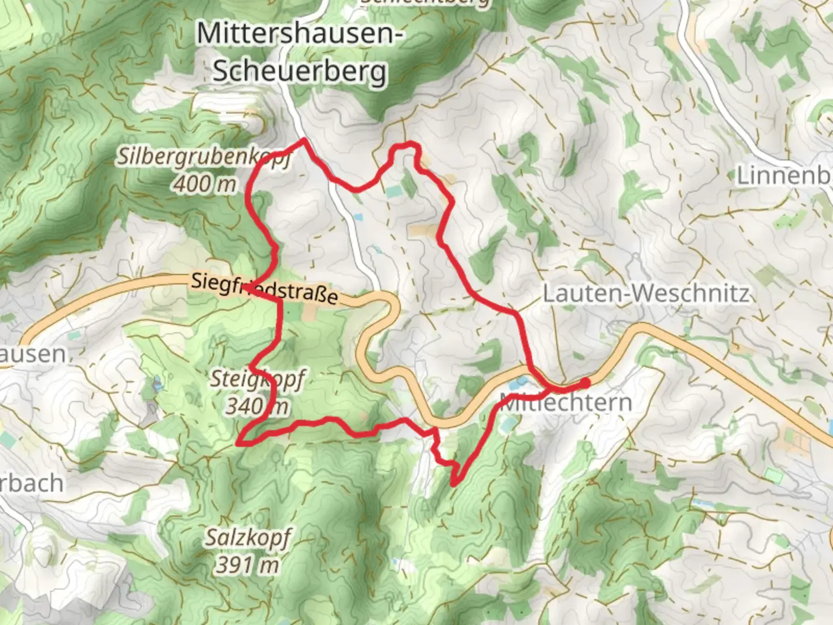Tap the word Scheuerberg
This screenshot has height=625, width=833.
pyautogui.click(x=300, y=72)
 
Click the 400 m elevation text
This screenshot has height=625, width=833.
pyautogui.click(x=205, y=184)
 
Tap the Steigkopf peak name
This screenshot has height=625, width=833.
pyautogui.click(x=256, y=380)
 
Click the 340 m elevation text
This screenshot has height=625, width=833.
pyautogui.click(x=257, y=406)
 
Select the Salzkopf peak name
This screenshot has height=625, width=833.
pyautogui.click(x=248, y=538)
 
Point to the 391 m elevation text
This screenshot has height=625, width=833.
pyautogui.click(x=248, y=564)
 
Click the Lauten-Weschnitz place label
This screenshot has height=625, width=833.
pyautogui.click(x=646, y=293)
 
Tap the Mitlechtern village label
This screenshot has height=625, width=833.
pyautogui.click(x=566, y=402)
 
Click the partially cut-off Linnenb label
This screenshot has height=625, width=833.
pyautogui.click(x=784, y=175)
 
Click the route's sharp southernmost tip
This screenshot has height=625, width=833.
pyautogui.click(x=453, y=484)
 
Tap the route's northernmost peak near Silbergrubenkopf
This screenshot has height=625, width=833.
pyautogui.click(x=303, y=140)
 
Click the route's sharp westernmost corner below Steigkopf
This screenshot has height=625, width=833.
pyautogui.click(x=238, y=443)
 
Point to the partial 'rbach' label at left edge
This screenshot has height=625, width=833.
pyautogui.click(x=31, y=483)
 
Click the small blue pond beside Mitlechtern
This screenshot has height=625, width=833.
pyautogui.click(x=520, y=383)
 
